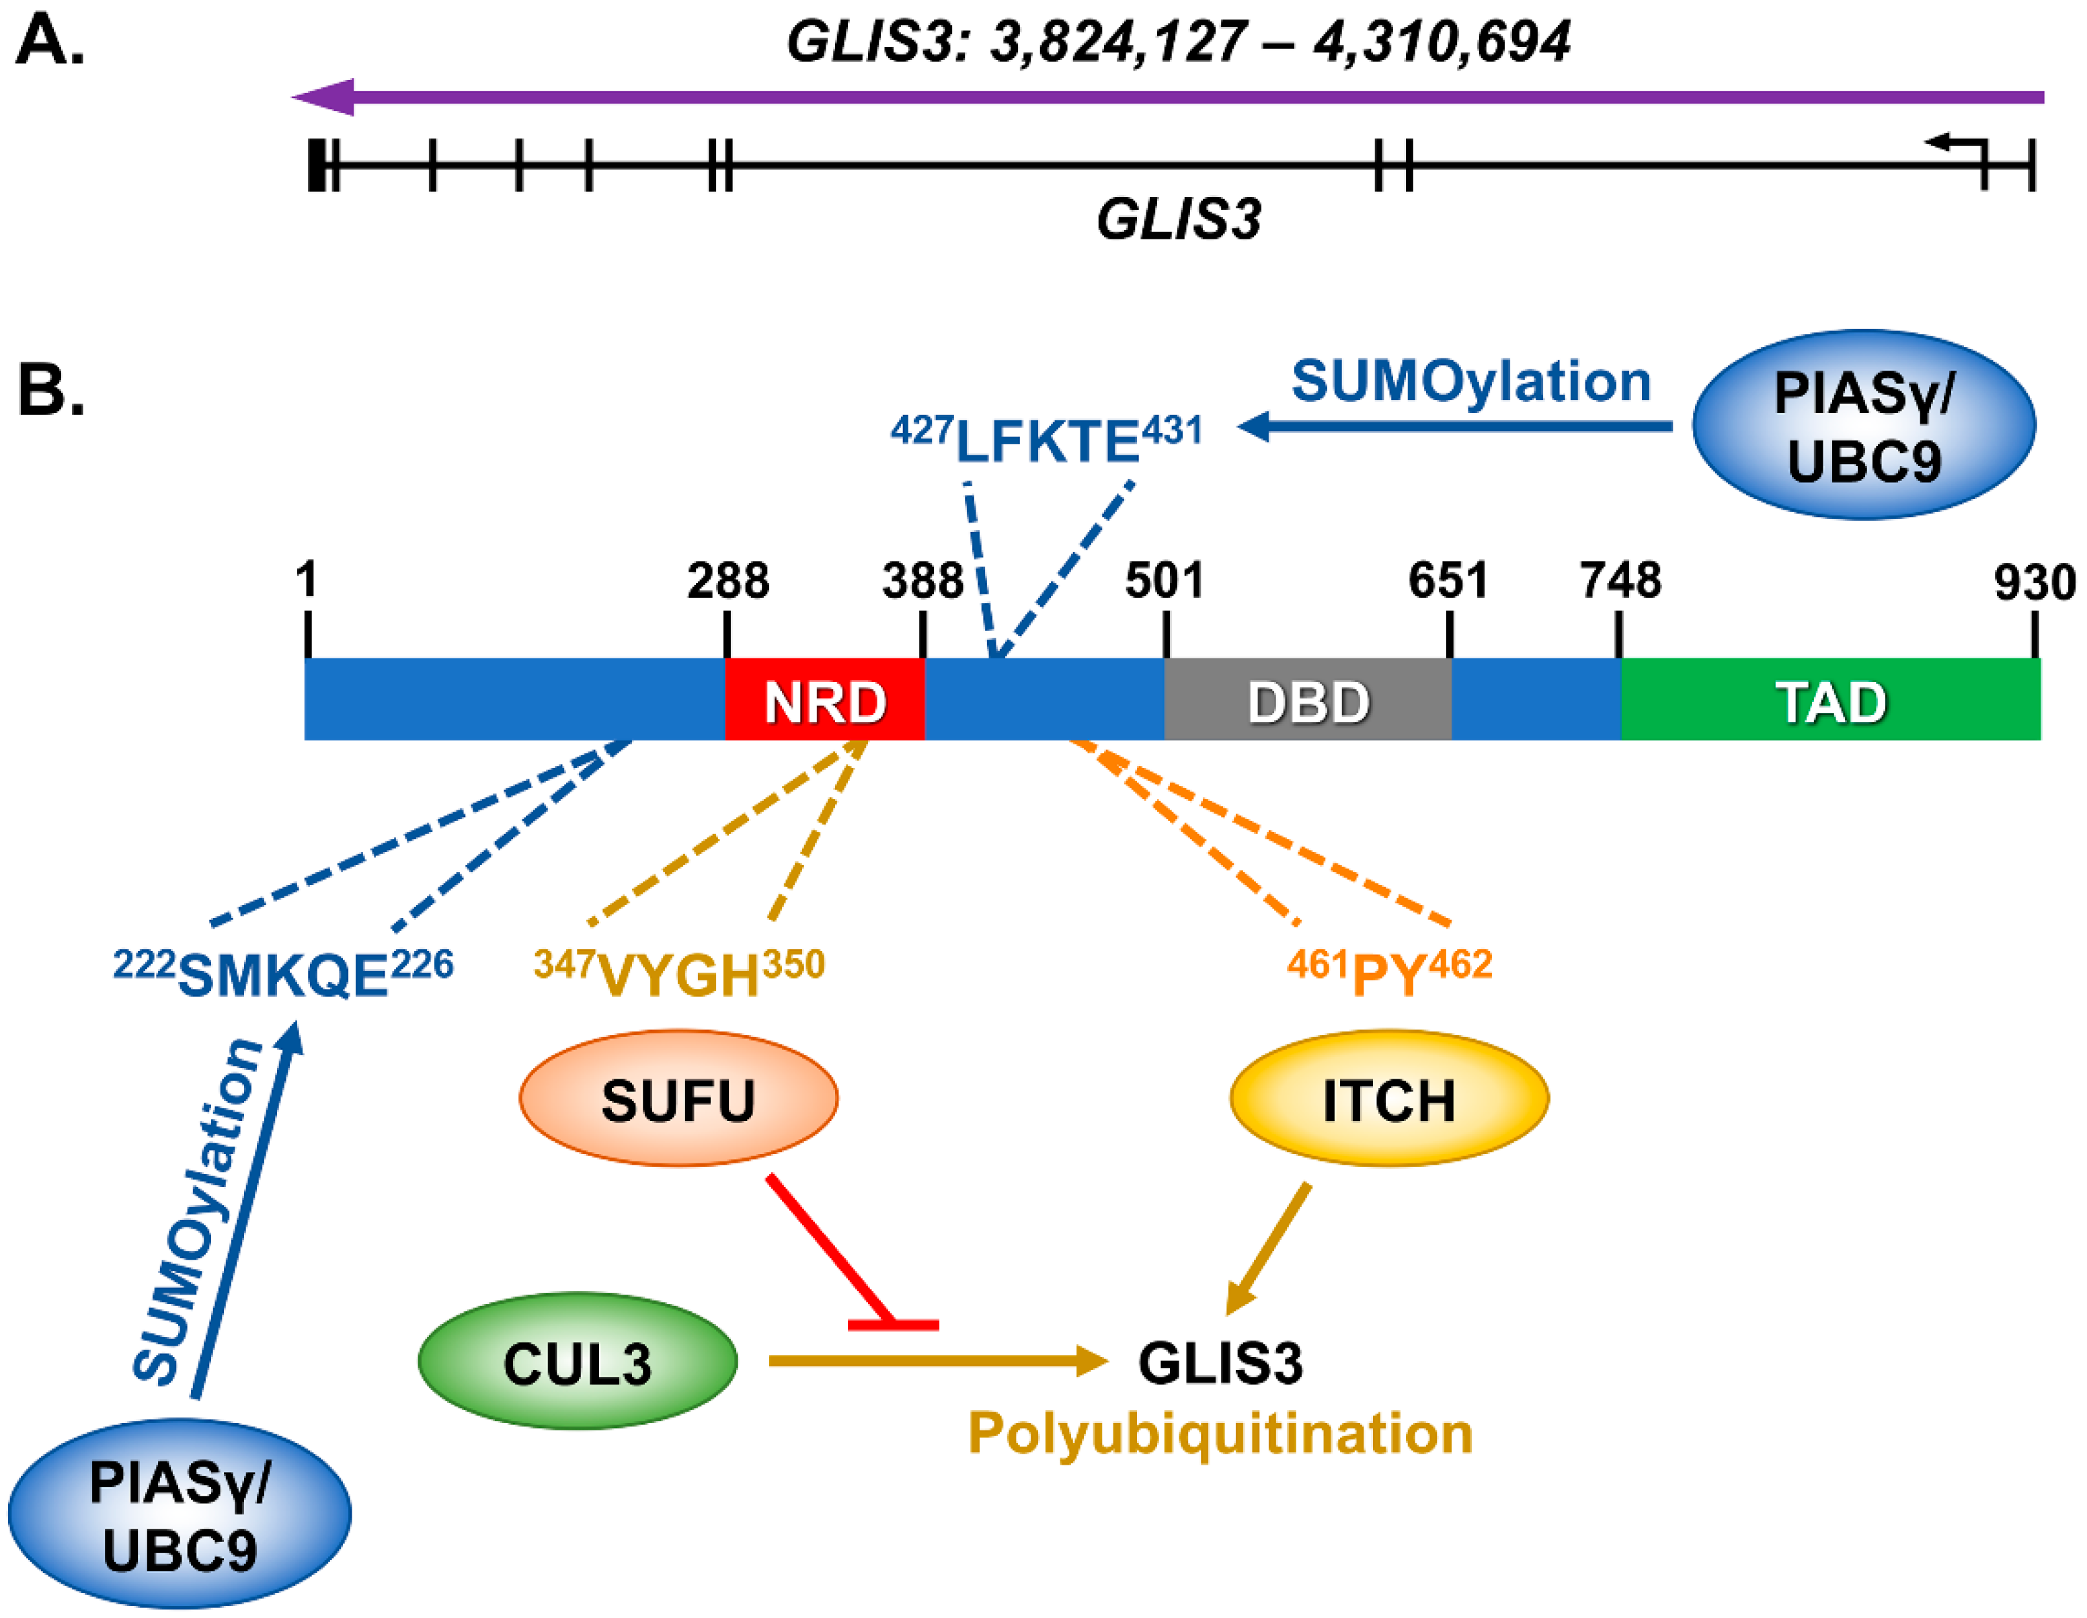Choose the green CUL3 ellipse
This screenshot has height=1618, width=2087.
[577, 1362]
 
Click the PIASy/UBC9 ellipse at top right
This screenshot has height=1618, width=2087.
[1862, 425]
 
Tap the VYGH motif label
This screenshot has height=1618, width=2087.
[678, 975]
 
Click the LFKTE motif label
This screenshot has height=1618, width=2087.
[1046, 440]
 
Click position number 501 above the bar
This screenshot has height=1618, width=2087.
[1163, 580]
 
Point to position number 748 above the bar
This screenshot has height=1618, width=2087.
[1620, 580]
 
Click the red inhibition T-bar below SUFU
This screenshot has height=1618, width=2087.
[892, 1323]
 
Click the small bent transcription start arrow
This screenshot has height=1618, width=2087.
[1956, 145]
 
